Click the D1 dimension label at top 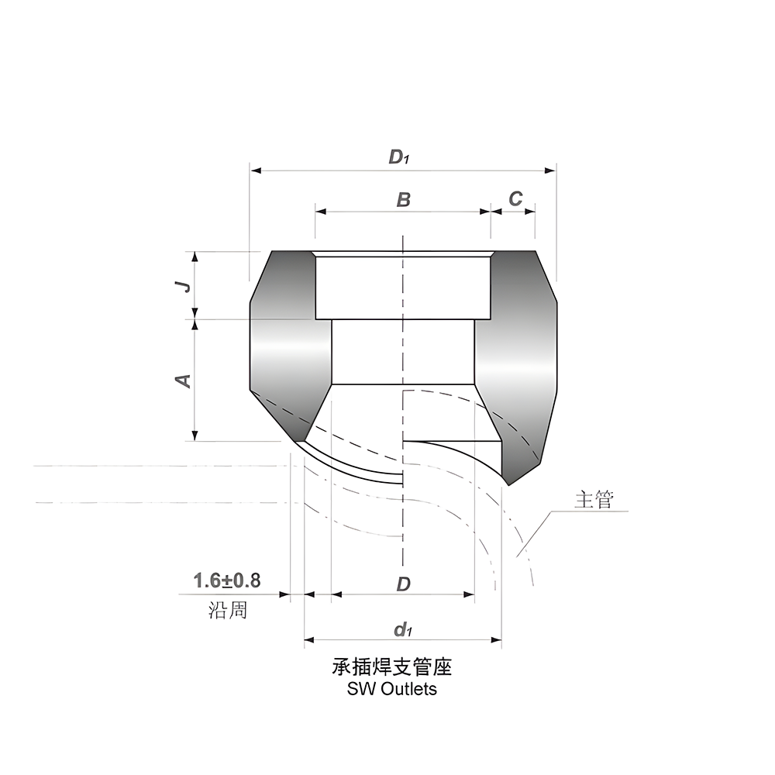pos(398,158)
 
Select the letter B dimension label pos(403,200)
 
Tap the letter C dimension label pos(515,199)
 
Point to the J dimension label pos(184,286)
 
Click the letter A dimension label pos(184,380)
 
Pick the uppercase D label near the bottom pos(403,584)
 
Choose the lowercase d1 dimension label pos(402,629)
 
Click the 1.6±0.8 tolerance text pos(226,580)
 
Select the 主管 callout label pos(594,500)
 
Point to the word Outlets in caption pos(408,688)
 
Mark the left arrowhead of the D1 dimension pos(254,170)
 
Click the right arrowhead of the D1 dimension pos(551,170)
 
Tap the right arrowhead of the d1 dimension pos(497,641)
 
